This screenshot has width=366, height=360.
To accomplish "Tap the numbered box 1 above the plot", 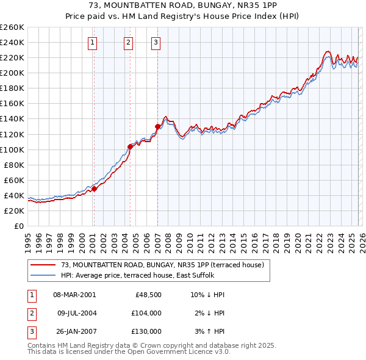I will coord(92,42).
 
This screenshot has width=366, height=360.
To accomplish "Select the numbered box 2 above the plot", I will coord(129,42).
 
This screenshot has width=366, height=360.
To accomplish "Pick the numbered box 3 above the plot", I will coord(156,42).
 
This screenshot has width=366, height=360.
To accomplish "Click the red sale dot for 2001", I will coord(94,189).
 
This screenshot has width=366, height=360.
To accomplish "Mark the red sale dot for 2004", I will coord(130,146).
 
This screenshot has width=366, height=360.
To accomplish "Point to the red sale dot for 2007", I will coord(157,126).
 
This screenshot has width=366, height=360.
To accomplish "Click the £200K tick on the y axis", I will coord(12,73).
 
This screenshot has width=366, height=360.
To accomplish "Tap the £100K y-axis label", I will coord(12,149).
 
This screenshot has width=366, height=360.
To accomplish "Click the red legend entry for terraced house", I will coord(162,265).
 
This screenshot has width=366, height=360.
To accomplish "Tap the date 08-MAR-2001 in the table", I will coord(74,295).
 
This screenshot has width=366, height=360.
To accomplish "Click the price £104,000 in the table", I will coord(146,313).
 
